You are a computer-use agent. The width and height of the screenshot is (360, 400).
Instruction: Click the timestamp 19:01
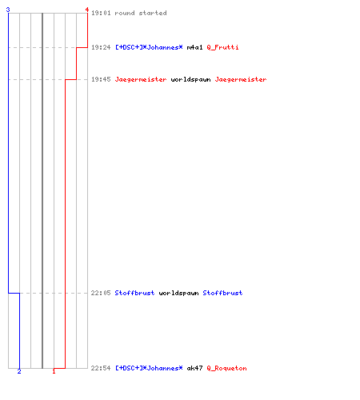point(101,13)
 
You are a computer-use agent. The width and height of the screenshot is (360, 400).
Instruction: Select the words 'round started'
point(141,13)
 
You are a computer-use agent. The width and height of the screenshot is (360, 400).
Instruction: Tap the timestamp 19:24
point(101,47)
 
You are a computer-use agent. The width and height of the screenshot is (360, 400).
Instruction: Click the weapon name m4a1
point(194,47)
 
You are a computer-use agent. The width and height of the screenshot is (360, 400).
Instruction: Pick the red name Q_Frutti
point(222,47)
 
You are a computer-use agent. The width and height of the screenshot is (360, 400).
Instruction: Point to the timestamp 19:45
point(101,79)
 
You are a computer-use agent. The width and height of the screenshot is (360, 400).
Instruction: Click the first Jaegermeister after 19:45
point(141,79)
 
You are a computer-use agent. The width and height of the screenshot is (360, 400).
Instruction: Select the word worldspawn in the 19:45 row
point(190,79)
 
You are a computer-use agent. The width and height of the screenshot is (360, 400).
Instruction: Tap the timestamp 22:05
point(101,293)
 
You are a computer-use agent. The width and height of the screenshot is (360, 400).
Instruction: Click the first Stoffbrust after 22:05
point(134,293)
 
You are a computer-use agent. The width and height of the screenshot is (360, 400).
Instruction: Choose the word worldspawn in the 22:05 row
point(178,293)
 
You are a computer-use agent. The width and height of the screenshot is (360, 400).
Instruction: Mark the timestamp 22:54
point(101,368)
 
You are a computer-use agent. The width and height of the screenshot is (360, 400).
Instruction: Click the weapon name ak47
point(194,368)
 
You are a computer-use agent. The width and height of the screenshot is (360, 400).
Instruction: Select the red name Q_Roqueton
point(226,368)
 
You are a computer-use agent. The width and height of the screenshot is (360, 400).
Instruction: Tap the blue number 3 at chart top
point(8,10)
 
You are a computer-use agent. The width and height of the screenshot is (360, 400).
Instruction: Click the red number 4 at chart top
point(87,10)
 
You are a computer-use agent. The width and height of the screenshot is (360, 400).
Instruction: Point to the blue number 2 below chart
point(19,371)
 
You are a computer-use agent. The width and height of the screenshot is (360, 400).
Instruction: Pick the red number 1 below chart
point(54,371)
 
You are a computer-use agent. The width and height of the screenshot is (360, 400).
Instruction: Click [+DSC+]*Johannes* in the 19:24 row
point(149,47)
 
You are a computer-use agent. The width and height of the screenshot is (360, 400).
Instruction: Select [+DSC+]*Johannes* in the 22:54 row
point(149,368)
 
